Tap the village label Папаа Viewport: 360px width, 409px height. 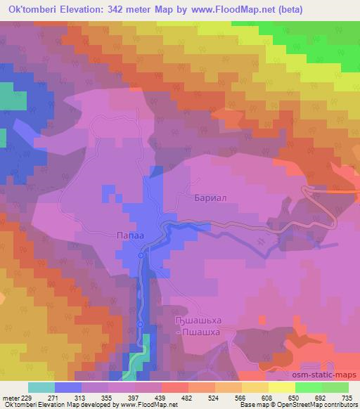point(130,237)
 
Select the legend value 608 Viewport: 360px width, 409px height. point(267,397)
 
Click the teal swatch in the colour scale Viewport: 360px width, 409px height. point(41,387)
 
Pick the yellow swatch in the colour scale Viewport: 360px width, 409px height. point(282,387)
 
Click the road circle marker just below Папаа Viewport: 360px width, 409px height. point(141,256)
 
